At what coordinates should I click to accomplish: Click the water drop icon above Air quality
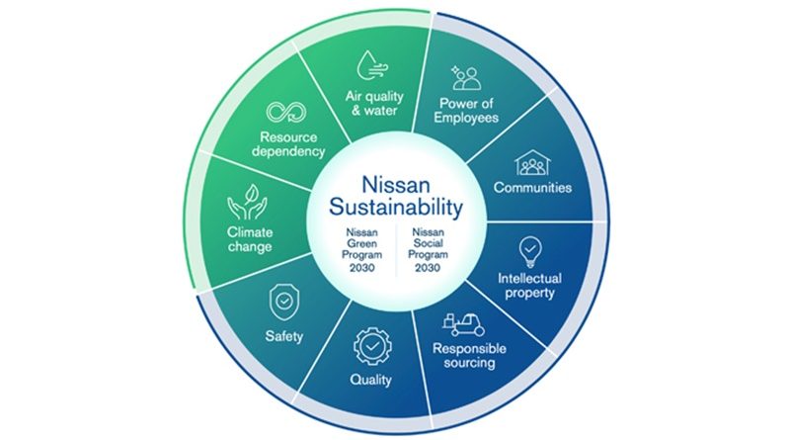(x=373, y=65)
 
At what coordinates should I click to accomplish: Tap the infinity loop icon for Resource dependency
(x=286, y=112)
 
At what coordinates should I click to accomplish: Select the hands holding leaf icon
(x=247, y=202)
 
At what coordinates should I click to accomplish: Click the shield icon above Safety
(x=284, y=303)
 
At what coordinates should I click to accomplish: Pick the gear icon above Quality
(x=373, y=346)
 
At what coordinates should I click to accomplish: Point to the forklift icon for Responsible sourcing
(x=463, y=324)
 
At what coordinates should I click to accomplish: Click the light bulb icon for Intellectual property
(x=530, y=251)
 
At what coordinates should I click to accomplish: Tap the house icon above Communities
(x=532, y=163)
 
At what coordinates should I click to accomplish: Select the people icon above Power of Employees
(x=466, y=78)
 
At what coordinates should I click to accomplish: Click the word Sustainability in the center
(x=396, y=207)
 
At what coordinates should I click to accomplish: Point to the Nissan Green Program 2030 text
(x=361, y=250)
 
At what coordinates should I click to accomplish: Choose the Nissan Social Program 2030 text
(x=429, y=250)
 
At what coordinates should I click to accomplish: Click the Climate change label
(x=250, y=239)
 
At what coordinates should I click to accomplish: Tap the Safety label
(x=284, y=336)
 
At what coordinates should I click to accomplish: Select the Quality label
(x=371, y=380)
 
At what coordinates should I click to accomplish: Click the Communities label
(x=532, y=188)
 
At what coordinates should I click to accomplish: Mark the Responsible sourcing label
(x=470, y=356)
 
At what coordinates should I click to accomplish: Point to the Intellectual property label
(x=529, y=286)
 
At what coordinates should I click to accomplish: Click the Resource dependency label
(x=288, y=144)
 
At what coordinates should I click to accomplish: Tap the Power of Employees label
(x=466, y=111)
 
